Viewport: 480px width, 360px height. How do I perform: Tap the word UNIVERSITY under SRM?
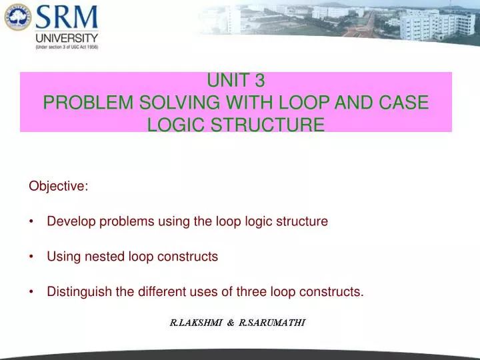point(67,38)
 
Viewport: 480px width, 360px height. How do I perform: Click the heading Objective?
point(59,187)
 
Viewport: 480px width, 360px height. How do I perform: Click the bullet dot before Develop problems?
point(32,222)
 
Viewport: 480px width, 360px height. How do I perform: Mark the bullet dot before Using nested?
point(32,257)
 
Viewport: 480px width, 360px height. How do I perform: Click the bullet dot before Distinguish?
point(32,292)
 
